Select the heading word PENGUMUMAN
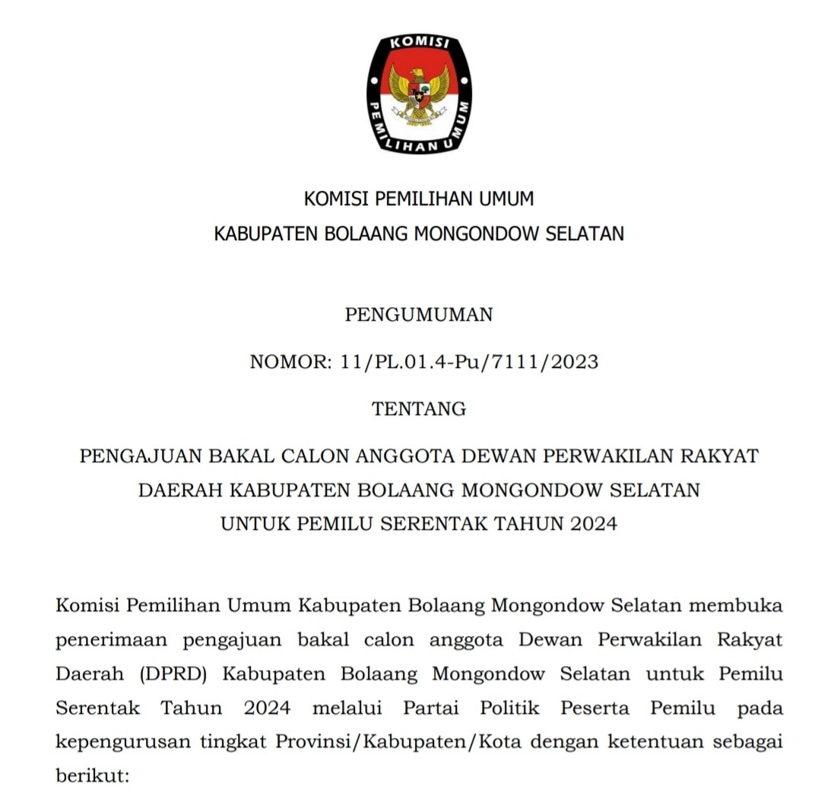(x=419, y=315)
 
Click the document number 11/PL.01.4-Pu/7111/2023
(x=466, y=362)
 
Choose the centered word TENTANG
(x=419, y=409)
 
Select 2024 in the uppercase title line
(x=594, y=524)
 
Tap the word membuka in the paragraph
(x=738, y=606)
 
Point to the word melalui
(x=347, y=708)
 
